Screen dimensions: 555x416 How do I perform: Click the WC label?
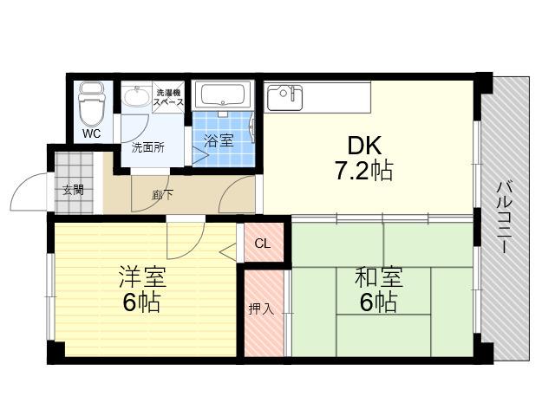coord(92,133)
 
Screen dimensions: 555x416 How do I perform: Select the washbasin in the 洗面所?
coord(137,94)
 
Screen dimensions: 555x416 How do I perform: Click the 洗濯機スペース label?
coord(168,98)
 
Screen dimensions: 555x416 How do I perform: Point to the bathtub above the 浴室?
coord(223,94)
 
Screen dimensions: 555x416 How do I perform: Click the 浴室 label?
coord(219,140)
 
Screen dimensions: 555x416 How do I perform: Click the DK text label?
coord(364,146)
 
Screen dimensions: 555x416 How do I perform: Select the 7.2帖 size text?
coord(364,171)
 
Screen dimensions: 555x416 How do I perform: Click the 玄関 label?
coord(73,190)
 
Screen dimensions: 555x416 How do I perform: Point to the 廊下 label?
coord(162,195)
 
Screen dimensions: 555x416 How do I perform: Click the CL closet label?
coord(263,244)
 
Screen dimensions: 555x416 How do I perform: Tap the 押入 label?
coord(261,309)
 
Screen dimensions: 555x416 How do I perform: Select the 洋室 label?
coord(142,277)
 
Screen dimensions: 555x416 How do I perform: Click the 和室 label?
coord(379,277)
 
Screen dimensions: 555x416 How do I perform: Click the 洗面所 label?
coord(148,147)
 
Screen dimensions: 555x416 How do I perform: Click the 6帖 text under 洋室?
coord(141,302)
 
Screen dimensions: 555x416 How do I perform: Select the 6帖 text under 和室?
coord(378,302)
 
